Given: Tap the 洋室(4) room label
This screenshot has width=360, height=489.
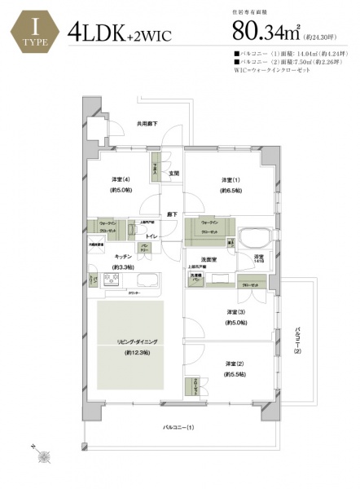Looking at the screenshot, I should click(121, 180).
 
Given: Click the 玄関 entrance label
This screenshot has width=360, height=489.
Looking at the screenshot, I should click(174, 173).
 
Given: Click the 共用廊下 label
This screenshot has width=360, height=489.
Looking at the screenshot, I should click(147, 123).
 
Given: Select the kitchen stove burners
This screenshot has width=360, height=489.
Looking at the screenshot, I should click(110, 282).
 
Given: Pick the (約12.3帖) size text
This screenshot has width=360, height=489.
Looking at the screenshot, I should click(130, 354).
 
